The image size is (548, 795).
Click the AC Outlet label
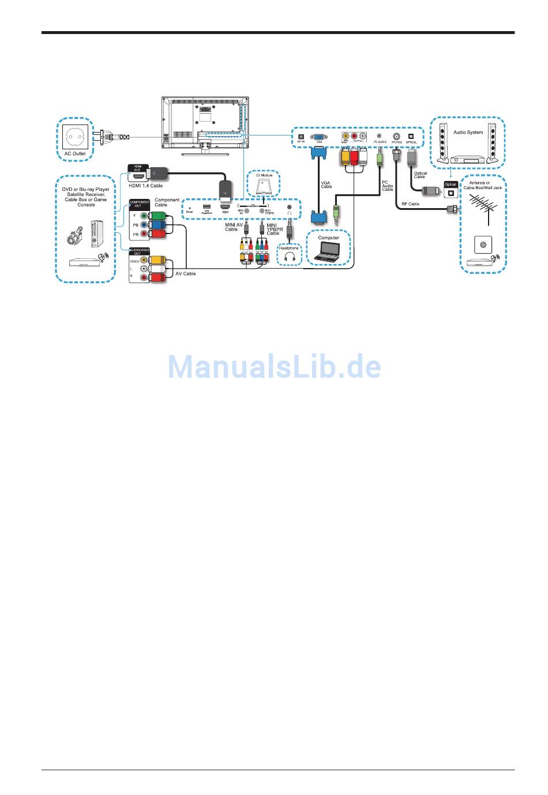[75, 154]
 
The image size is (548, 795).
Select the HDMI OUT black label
[137, 168]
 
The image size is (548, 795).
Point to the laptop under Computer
[329, 251]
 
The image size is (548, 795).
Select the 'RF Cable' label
[410, 204]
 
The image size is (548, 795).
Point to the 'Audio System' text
[468, 133]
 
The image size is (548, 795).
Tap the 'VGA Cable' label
[326, 184]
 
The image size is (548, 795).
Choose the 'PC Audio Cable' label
[388, 186]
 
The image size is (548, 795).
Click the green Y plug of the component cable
[157, 216]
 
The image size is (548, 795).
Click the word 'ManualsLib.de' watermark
[274, 366]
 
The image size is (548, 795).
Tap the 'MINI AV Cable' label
[234, 227]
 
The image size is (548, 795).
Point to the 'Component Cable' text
[167, 202]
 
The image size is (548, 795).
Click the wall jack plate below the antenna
[483, 245]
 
